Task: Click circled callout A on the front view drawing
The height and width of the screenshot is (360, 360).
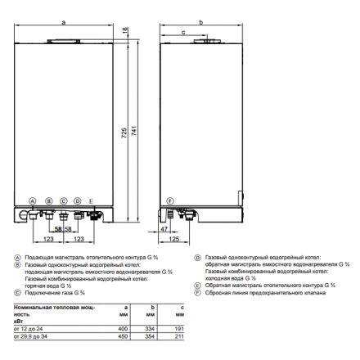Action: (x=33, y=201)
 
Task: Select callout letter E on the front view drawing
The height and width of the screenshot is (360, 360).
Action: (x=92, y=201)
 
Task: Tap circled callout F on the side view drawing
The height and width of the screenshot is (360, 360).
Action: (x=170, y=201)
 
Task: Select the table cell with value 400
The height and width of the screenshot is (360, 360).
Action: (x=124, y=327)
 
